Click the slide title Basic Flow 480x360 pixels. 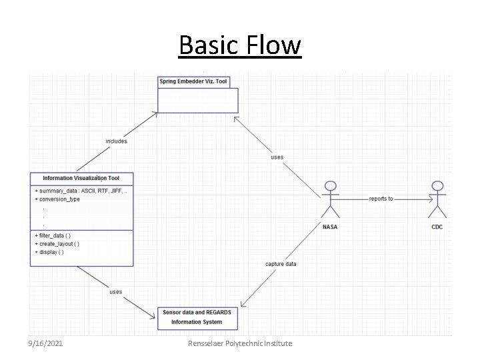(x=240, y=46)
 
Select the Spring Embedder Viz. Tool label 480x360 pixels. (x=193, y=82)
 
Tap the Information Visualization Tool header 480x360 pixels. (x=81, y=178)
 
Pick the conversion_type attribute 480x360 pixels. (x=59, y=199)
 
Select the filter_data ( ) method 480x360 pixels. (x=55, y=235)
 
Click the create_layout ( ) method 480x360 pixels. (x=59, y=244)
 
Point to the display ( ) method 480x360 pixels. (x=51, y=252)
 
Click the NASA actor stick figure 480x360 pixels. (x=329, y=198)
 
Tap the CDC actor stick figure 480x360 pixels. (x=437, y=198)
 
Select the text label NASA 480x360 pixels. (x=329, y=227)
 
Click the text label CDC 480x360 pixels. (x=437, y=227)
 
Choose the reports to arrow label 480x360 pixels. (x=381, y=199)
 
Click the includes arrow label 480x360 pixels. (x=116, y=141)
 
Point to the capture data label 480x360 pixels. (x=281, y=264)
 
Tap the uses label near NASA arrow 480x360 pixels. (x=277, y=157)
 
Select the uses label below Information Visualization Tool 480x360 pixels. (x=116, y=291)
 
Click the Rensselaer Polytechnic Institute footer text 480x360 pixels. (x=240, y=343)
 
